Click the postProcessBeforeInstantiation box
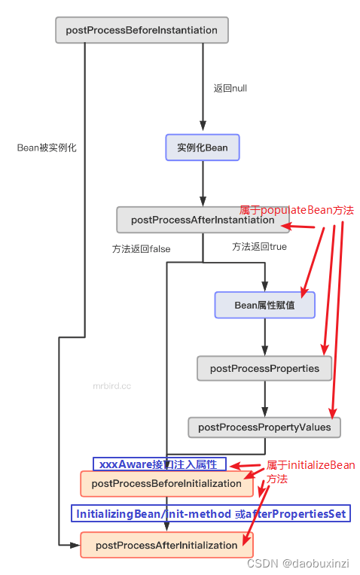pyautogui.click(x=142, y=30)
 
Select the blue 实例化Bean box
pyautogui.click(x=202, y=148)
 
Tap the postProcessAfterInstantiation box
pyautogui.click(x=202, y=220)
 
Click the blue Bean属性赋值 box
pyautogui.click(x=264, y=305)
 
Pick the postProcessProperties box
pyautogui.click(x=264, y=368)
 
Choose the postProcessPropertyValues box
pyautogui.click(x=264, y=427)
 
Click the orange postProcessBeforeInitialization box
pyautogui.click(x=166, y=483)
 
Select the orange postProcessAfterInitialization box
pyautogui.click(x=166, y=544)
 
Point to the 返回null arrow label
pyautogui.click(x=230, y=88)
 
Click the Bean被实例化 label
pyautogui.click(x=47, y=148)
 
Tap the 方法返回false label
pyautogui.click(x=141, y=248)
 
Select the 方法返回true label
pyautogui.click(x=259, y=246)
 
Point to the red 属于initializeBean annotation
pyautogui.click(x=309, y=465)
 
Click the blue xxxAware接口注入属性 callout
pyautogui.click(x=159, y=464)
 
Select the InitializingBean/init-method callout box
pyautogui.click(x=211, y=514)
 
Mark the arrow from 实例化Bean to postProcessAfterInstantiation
pyautogui.click(x=202, y=183)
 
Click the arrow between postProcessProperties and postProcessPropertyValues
pyautogui.click(x=264, y=398)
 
